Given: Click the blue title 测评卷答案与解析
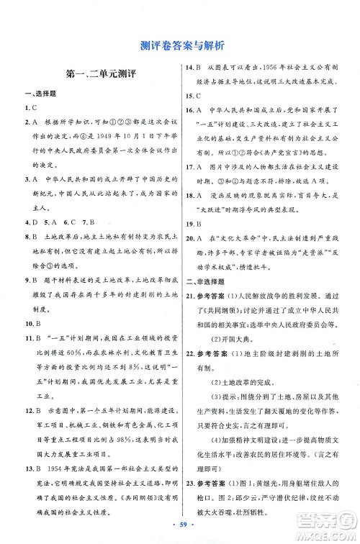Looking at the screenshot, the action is click(x=181, y=46).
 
